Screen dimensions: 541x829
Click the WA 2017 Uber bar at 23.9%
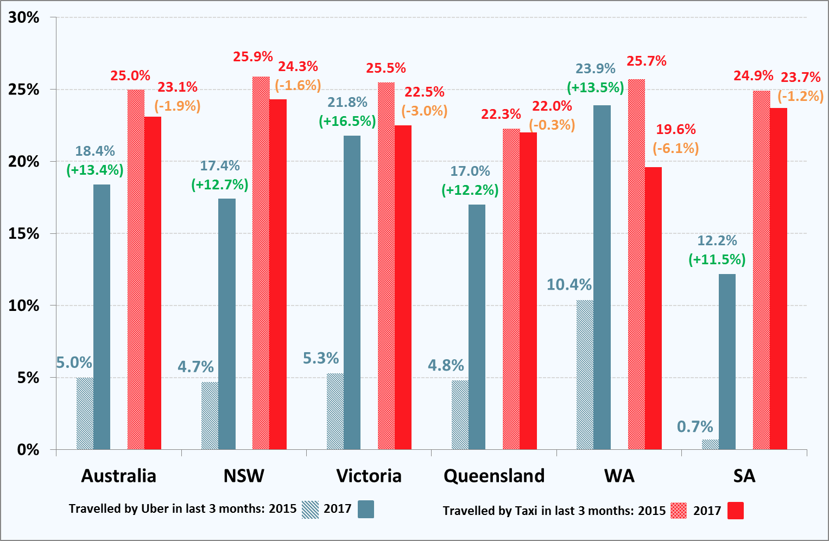(602, 277)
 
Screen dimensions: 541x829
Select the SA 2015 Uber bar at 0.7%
(710, 444)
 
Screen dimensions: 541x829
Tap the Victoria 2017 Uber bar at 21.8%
(352, 292)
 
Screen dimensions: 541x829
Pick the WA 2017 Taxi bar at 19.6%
(653, 308)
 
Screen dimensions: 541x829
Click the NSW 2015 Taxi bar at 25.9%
(261, 263)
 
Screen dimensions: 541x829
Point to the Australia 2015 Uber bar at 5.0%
(85, 413)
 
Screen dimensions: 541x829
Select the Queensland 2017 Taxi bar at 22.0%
(528, 291)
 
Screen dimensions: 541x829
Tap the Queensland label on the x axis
(494, 476)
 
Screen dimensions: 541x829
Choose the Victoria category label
(369, 476)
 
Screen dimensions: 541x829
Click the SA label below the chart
(744, 476)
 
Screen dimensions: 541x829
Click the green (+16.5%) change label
(347, 121)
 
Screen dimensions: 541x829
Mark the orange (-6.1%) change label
(676, 148)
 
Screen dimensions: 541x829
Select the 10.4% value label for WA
(569, 284)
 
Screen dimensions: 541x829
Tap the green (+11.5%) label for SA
(717, 259)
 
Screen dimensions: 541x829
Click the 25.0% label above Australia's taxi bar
(130, 75)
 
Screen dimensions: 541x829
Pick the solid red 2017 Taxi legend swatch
(736, 511)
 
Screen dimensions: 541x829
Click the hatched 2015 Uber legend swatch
(311, 509)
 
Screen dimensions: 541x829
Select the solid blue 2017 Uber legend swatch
(366, 509)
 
